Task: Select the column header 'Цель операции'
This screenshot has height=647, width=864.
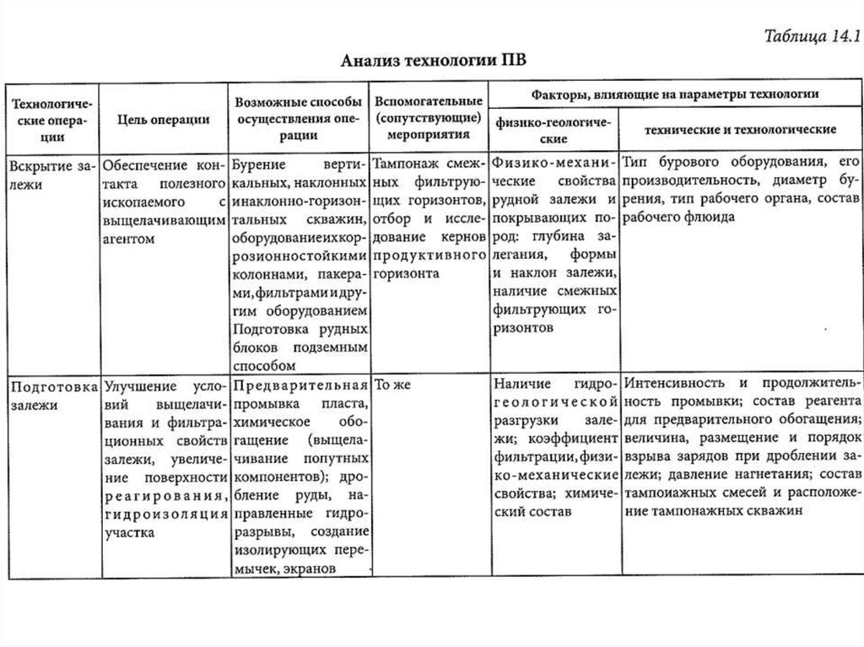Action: click(163, 120)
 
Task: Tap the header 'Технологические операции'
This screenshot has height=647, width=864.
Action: click(51, 119)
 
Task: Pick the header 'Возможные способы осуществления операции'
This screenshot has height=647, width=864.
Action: click(299, 119)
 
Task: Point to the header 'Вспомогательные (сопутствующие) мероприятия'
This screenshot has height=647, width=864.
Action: click(429, 117)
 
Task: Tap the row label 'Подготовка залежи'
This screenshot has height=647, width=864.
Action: click(51, 396)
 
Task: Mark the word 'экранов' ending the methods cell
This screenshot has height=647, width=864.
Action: click(311, 569)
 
